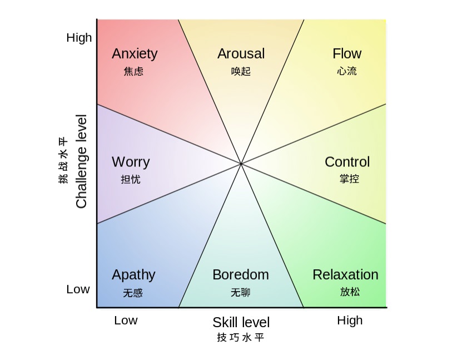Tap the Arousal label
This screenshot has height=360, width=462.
(241, 53)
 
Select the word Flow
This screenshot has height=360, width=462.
(347, 53)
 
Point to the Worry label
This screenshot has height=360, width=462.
(131, 162)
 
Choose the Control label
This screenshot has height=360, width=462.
(347, 162)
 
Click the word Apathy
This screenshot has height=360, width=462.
(133, 275)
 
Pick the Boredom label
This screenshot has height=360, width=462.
(241, 275)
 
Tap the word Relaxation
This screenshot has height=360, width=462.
(345, 275)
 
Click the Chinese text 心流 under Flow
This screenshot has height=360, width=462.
(347, 71)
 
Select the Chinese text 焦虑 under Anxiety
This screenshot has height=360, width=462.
(133, 71)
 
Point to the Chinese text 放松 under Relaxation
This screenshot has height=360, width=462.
(350, 292)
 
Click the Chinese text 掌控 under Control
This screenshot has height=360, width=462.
(349, 179)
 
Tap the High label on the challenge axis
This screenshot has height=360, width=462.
(79, 38)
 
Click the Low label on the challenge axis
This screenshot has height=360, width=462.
(78, 289)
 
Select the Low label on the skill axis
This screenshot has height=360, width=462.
(126, 320)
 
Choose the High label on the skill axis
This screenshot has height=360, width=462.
(350, 320)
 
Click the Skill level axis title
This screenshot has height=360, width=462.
(241, 322)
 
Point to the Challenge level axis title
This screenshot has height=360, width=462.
(81, 161)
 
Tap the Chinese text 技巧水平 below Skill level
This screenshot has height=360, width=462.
(240, 337)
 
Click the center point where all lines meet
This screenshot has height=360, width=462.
(241, 164)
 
